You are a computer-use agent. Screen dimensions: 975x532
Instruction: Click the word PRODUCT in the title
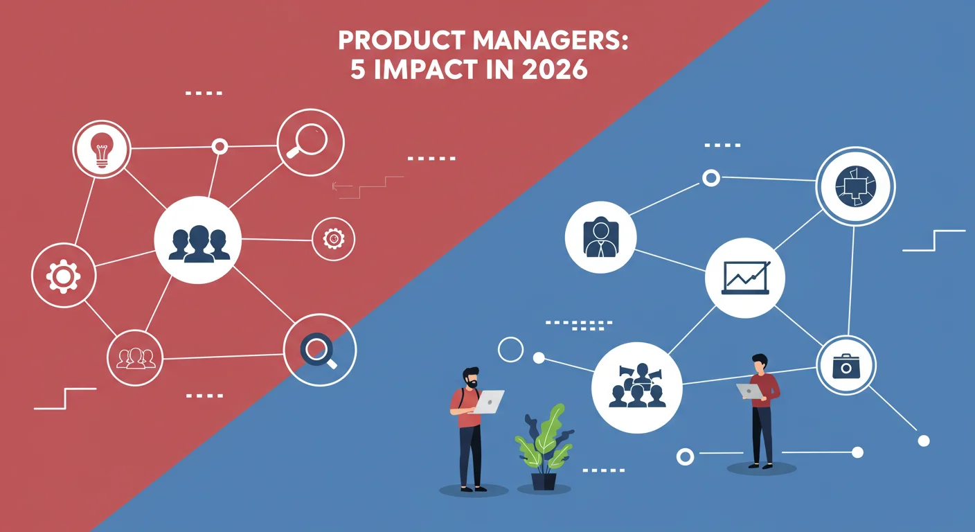(402, 41)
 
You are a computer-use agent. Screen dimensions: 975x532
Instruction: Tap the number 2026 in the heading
(555, 69)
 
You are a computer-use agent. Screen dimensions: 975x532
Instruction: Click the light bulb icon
(102, 150)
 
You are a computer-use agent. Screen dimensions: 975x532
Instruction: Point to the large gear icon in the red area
(64, 276)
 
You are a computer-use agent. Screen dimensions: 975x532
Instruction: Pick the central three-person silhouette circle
(198, 240)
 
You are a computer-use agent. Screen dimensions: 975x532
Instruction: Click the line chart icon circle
(745, 278)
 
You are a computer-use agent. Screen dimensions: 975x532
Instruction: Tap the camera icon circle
(846, 366)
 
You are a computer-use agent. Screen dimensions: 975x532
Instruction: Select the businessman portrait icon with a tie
(600, 238)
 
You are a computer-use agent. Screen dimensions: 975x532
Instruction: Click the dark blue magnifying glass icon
(319, 350)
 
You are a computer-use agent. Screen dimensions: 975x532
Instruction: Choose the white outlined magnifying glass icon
(307, 141)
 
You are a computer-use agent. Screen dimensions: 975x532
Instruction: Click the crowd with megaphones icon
(637, 387)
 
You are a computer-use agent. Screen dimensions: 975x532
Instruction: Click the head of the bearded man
(470, 378)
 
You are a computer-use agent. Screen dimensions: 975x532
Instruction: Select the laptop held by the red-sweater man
(750, 391)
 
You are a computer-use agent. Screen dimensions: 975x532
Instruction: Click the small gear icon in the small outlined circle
(334, 239)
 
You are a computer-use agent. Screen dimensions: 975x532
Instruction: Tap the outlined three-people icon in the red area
(135, 358)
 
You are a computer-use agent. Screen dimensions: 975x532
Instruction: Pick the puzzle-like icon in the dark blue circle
(855, 186)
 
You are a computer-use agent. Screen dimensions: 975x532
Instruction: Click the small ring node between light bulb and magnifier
(220, 147)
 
